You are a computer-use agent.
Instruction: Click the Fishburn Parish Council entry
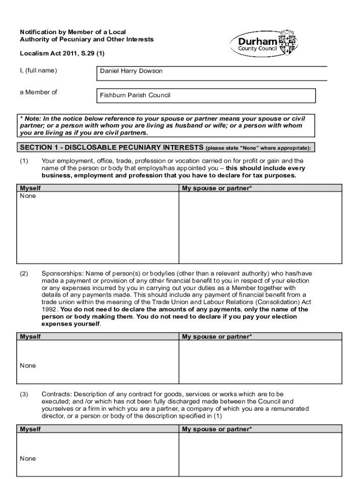click(135, 95)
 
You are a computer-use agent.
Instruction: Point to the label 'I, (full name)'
click(38, 71)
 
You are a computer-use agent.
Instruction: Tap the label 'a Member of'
click(38, 92)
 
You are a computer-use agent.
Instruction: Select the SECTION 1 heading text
click(111, 148)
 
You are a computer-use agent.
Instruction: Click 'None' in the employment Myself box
click(28, 196)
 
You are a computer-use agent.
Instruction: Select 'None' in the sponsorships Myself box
click(28, 365)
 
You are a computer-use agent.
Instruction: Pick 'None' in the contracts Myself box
click(28, 458)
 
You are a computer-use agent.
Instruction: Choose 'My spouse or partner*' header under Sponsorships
click(216, 336)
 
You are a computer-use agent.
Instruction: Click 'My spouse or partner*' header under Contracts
click(216, 429)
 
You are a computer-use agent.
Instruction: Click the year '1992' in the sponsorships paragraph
click(50, 310)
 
